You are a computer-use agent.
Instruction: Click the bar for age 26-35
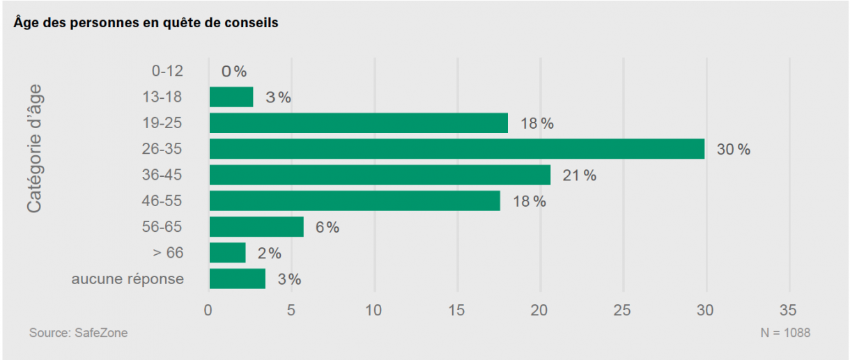click(x=456, y=149)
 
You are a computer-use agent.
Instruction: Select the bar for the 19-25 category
click(x=358, y=123)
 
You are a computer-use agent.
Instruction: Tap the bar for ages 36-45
click(x=380, y=175)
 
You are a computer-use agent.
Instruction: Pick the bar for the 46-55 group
click(x=354, y=201)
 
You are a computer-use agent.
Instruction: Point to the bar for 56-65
click(x=256, y=227)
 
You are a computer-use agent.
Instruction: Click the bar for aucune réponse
click(x=237, y=279)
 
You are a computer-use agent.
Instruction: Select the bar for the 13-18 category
click(x=231, y=97)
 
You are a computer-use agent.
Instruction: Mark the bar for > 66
click(x=227, y=253)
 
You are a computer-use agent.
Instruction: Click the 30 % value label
click(x=733, y=149)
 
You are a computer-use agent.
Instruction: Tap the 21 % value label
click(x=579, y=175)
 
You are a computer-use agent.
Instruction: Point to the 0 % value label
click(x=234, y=71)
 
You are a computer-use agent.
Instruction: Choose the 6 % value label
click(x=327, y=227)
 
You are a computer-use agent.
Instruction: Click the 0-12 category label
click(x=167, y=71)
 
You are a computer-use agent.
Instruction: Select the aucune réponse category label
click(x=127, y=279)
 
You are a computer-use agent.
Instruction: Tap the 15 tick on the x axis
click(x=457, y=311)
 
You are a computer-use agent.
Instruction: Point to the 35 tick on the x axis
click(x=789, y=311)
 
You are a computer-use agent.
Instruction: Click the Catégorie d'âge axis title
click(x=34, y=149)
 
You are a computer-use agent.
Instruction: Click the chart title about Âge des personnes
click(x=146, y=23)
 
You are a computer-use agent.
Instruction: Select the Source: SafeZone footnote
click(x=78, y=334)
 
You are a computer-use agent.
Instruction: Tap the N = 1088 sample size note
click(x=785, y=334)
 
